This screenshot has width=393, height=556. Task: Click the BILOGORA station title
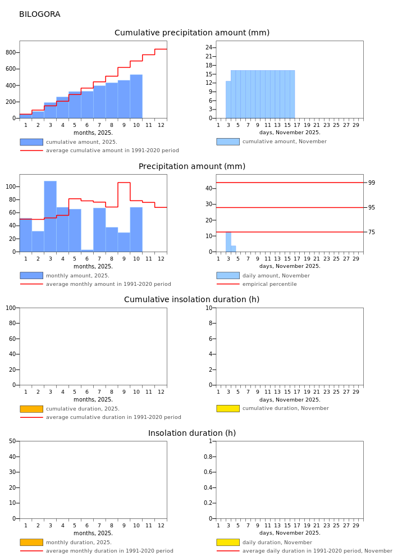[x=39, y=15]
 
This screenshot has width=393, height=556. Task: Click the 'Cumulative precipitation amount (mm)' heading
[x=192, y=33]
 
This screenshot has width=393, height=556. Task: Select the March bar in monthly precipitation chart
[x=50, y=216]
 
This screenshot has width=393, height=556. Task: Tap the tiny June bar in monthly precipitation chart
[x=87, y=250]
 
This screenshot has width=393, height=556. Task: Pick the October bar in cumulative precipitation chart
[x=136, y=97]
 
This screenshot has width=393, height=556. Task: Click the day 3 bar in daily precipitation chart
[x=229, y=241]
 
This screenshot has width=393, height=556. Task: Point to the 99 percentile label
[x=372, y=183]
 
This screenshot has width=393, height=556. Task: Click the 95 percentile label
[x=372, y=208]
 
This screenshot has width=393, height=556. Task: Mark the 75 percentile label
[x=372, y=232]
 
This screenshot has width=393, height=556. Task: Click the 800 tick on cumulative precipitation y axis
[x=10, y=53]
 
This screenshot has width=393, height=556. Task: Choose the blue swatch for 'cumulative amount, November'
[x=227, y=142]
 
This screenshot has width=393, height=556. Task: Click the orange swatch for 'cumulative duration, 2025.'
[x=31, y=409]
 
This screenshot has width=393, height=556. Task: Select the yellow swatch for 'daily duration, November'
[x=227, y=543]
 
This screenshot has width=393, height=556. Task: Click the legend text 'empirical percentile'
[x=269, y=284]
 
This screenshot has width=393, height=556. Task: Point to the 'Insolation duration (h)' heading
[x=192, y=434]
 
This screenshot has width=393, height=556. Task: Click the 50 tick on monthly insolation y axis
[x=13, y=441]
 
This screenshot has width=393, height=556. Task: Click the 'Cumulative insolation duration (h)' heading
[x=192, y=300]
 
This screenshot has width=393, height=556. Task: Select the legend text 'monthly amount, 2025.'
[x=77, y=276]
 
